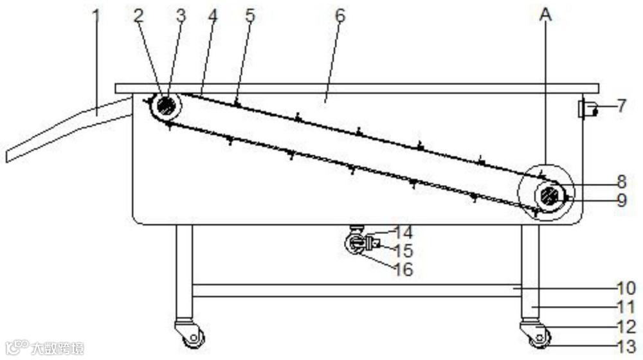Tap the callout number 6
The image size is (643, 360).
pyautogui.click(x=340, y=15)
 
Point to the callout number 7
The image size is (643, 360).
pyautogui.click(x=621, y=105)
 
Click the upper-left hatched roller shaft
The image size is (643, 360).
pyautogui.click(x=167, y=105)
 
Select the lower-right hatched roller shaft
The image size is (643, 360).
pyautogui.click(x=548, y=195)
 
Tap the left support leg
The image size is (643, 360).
pyautogui.click(x=184, y=270)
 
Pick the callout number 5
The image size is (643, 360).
pyautogui.click(x=249, y=16)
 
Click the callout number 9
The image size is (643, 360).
pyautogui.click(x=621, y=201)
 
